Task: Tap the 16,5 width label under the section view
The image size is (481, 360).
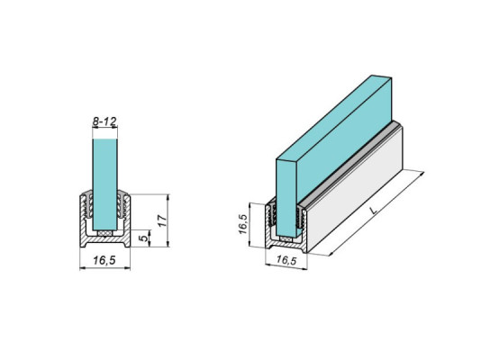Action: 105,260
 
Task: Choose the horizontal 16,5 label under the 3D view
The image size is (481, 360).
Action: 286,260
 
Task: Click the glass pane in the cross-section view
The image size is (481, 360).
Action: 105,180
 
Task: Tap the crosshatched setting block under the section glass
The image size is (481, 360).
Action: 105,232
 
